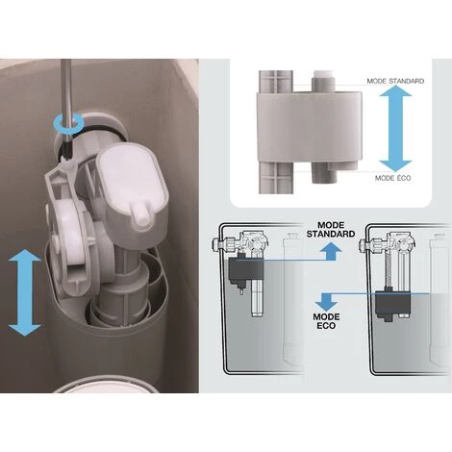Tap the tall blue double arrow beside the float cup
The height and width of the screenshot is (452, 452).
click(25, 292)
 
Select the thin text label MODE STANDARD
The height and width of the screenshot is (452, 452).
click(395, 81)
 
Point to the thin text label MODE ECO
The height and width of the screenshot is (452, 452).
click(392, 178)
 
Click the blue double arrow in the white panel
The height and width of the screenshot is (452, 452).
click(395, 129)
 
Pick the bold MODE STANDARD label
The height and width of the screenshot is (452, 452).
click(331, 230)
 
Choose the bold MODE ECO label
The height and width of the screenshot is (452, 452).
click(326, 321)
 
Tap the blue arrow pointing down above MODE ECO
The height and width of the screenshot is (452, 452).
click(326, 301)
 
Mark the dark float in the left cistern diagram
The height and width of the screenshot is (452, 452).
click(245, 270)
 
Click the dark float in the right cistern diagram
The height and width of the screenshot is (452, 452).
click(392, 304)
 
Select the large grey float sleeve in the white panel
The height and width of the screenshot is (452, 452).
click(310, 126)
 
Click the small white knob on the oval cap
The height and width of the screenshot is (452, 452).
click(142, 214)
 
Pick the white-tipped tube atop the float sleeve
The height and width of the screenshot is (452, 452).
click(323, 82)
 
